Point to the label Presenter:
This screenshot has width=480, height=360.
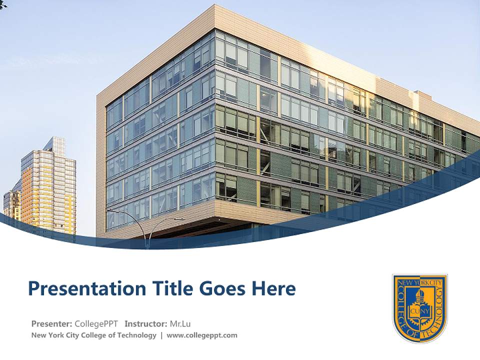[x=52, y=323]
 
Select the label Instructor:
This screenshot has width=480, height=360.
[x=146, y=323]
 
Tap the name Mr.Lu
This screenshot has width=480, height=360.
[x=181, y=323]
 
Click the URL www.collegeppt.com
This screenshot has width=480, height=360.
[x=202, y=335]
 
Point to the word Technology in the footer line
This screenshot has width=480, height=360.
[x=137, y=335]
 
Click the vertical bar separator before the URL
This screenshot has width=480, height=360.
[x=161, y=335]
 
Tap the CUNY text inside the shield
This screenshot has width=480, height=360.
[x=418, y=312]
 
